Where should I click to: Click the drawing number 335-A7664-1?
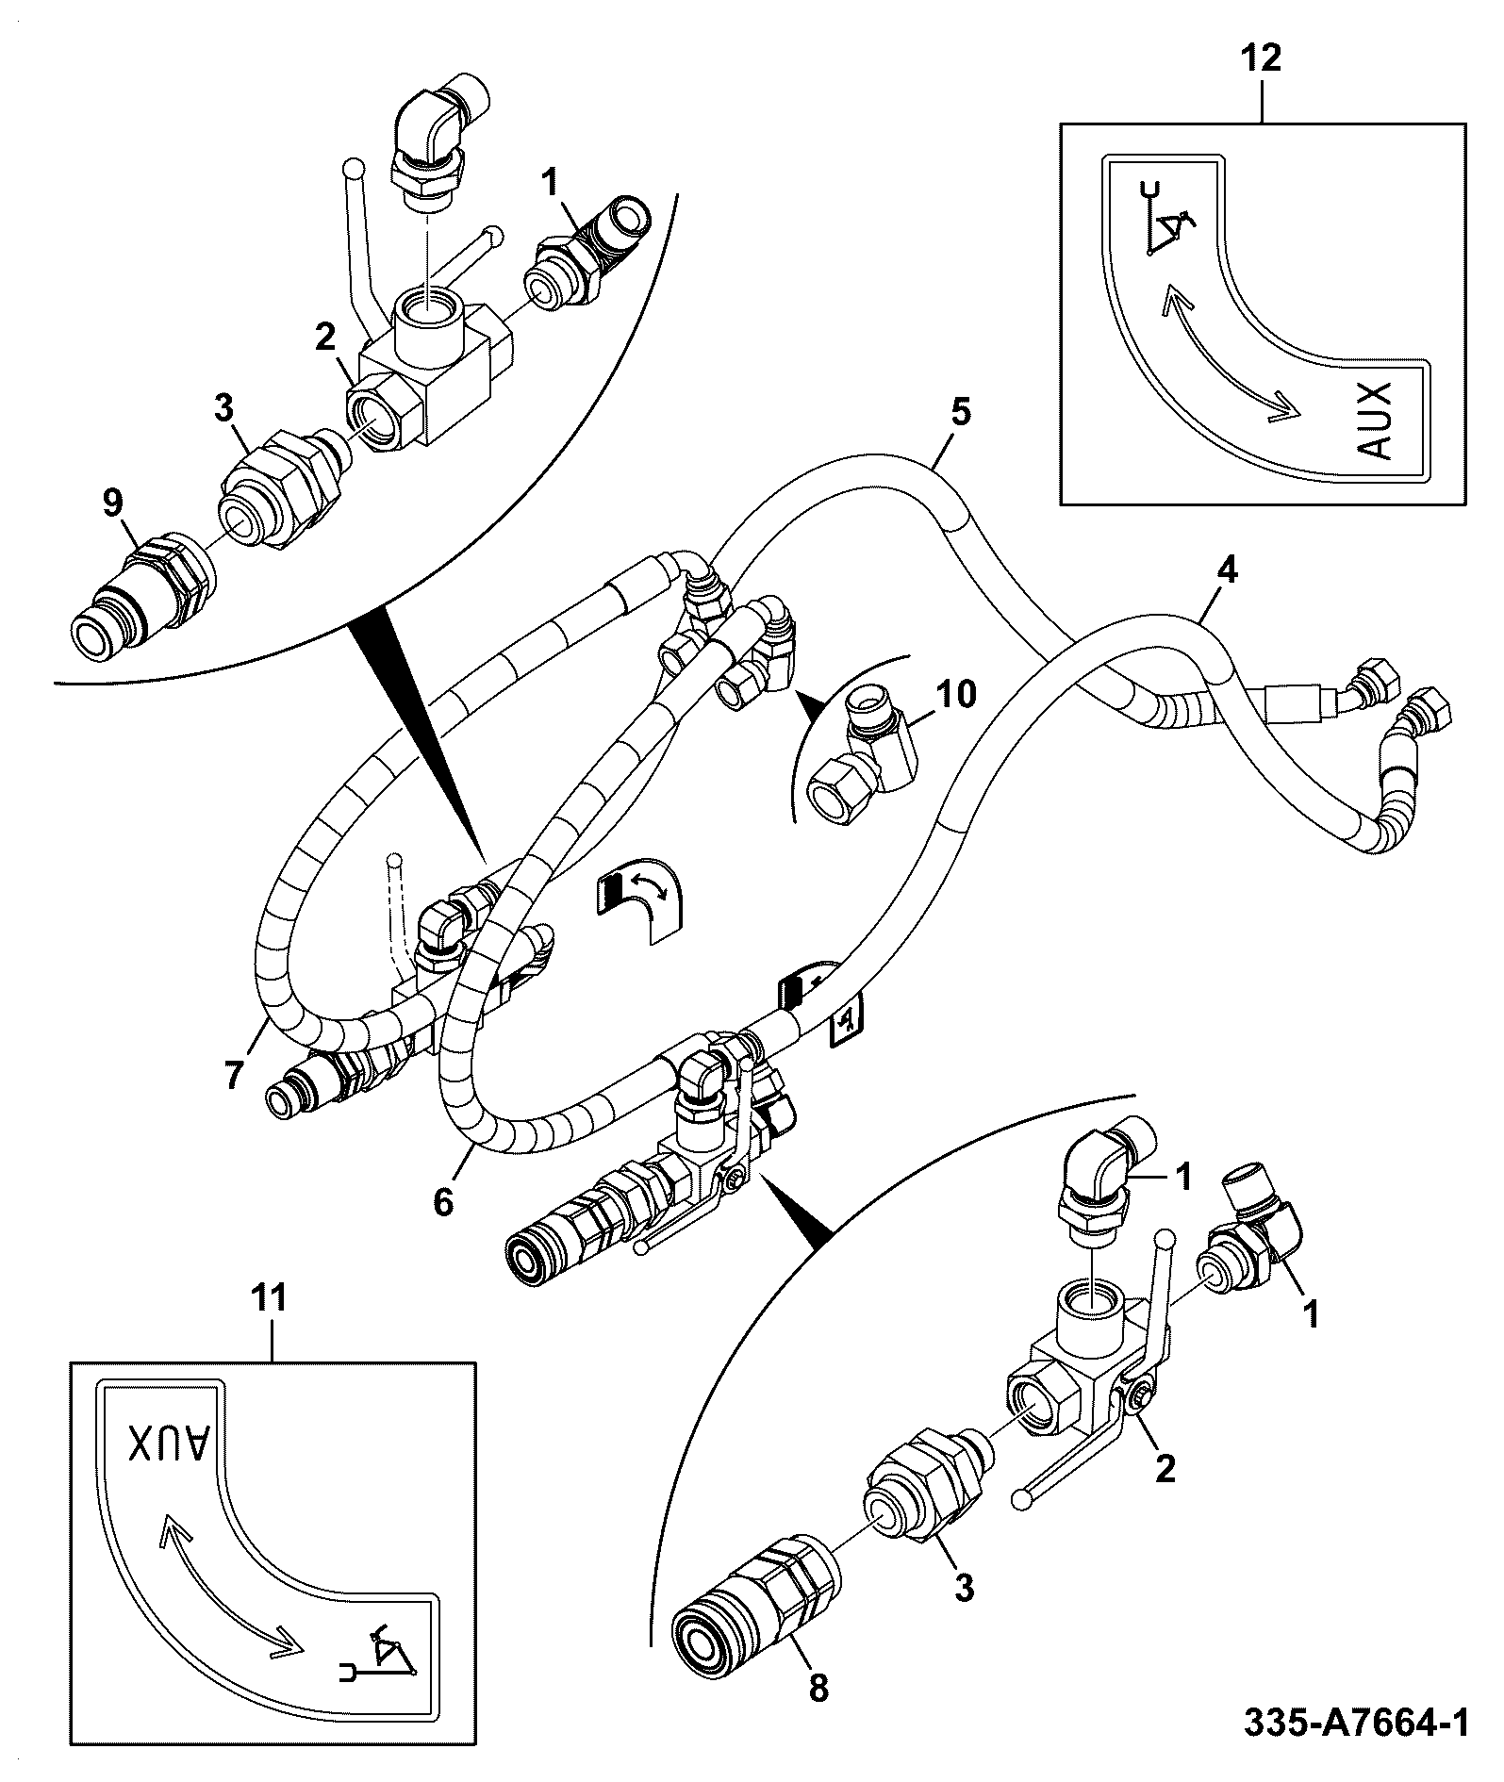[1356, 1724]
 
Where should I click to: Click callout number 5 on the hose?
[959, 414]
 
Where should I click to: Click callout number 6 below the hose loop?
[443, 1202]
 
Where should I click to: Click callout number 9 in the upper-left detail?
[111, 503]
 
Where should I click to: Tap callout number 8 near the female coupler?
[818, 1689]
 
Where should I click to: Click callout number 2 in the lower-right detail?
[1165, 1467]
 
